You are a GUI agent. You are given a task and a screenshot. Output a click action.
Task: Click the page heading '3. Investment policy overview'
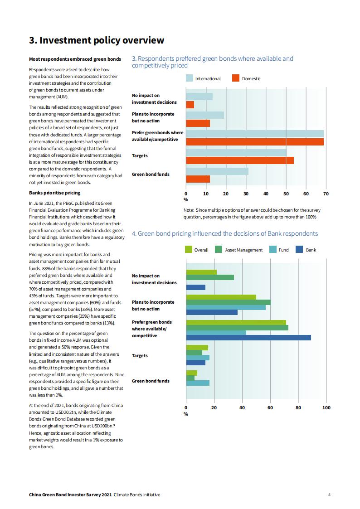[x=97, y=40]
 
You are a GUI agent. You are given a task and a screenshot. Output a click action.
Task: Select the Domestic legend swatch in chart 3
[x=236, y=78]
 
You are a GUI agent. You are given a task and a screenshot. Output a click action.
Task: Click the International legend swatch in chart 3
[x=190, y=78]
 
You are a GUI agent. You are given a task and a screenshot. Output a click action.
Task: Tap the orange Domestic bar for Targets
[x=240, y=160]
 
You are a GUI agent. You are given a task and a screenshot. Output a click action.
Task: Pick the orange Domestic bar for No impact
[x=190, y=105]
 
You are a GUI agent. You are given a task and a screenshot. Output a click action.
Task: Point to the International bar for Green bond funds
[x=217, y=171]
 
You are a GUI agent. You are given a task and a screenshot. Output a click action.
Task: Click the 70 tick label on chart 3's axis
[x=326, y=194]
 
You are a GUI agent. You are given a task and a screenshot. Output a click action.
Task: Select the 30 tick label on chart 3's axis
[x=246, y=194]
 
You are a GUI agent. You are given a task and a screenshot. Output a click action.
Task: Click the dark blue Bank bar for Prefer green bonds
[x=248, y=338]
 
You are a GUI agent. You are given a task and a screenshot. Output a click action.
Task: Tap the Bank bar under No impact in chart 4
[x=196, y=287]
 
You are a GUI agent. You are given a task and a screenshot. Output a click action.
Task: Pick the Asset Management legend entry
[x=238, y=250]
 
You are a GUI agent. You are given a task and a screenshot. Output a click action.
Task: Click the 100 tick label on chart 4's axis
[x=326, y=408]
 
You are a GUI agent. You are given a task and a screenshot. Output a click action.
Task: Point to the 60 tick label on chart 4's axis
[x=270, y=408]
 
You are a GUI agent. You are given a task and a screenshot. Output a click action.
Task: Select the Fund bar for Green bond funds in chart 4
[x=198, y=383]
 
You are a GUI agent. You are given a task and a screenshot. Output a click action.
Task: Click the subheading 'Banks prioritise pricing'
[x=54, y=193]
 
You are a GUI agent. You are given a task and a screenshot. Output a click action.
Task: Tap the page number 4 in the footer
[x=329, y=494]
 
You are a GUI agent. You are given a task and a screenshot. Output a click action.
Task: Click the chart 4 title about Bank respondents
[x=224, y=234]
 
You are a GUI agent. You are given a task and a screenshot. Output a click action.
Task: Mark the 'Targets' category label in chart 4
[x=140, y=356]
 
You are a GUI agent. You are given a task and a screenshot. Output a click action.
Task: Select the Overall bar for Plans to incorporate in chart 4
[x=221, y=297]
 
